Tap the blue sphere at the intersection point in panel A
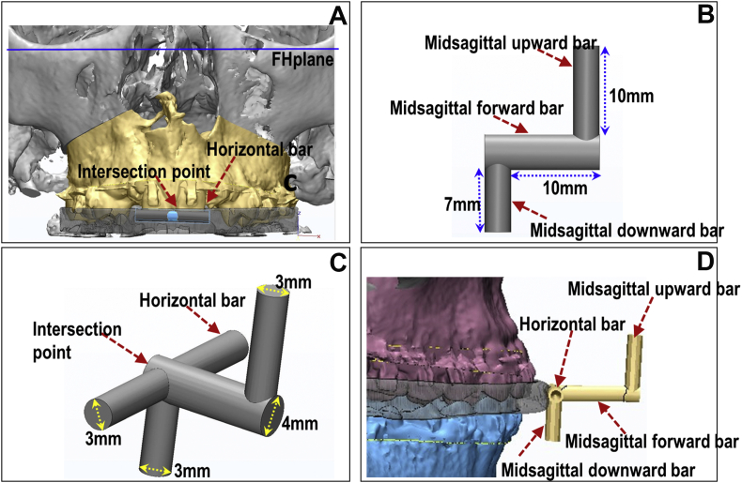pos(171,217)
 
